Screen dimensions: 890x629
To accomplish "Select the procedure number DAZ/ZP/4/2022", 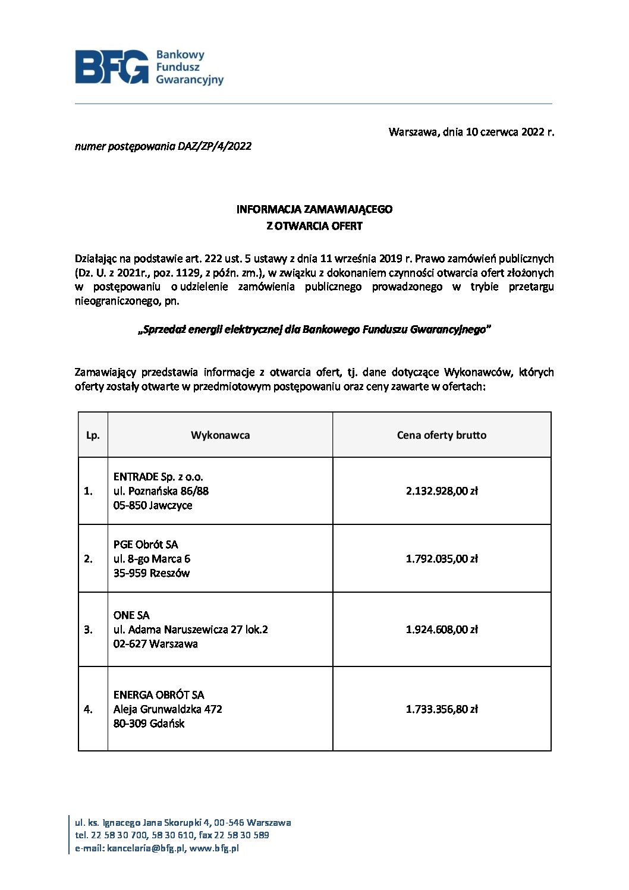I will (x=214, y=146).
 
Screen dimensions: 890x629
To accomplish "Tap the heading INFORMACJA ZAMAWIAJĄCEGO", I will (x=314, y=209).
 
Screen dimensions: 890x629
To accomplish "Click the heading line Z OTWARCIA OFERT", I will (x=314, y=226).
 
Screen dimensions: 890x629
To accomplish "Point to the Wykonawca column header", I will (x=220, y=435).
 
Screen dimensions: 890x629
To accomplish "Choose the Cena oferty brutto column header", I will (x=441, y=435).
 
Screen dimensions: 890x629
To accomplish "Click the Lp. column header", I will (x=93, y=435).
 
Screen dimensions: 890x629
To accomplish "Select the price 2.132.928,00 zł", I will (x=441, y=491).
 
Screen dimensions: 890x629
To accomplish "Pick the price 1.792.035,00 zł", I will (x=441, y=559).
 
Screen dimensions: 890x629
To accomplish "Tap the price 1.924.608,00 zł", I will (x=441, y=630).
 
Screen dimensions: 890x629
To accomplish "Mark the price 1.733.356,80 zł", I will (x=441, y=709).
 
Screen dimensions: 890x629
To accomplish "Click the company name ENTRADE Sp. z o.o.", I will (x=158, y=477).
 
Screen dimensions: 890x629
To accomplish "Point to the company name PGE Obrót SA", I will (x=146, y=545).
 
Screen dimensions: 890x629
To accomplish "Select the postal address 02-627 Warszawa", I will (x=156, y=644).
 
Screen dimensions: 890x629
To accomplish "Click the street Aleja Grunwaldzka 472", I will (x=168, y=709).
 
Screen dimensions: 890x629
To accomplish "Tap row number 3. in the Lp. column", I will (x=88, y=630).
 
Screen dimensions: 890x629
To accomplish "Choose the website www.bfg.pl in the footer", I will (x=214, y=849).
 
